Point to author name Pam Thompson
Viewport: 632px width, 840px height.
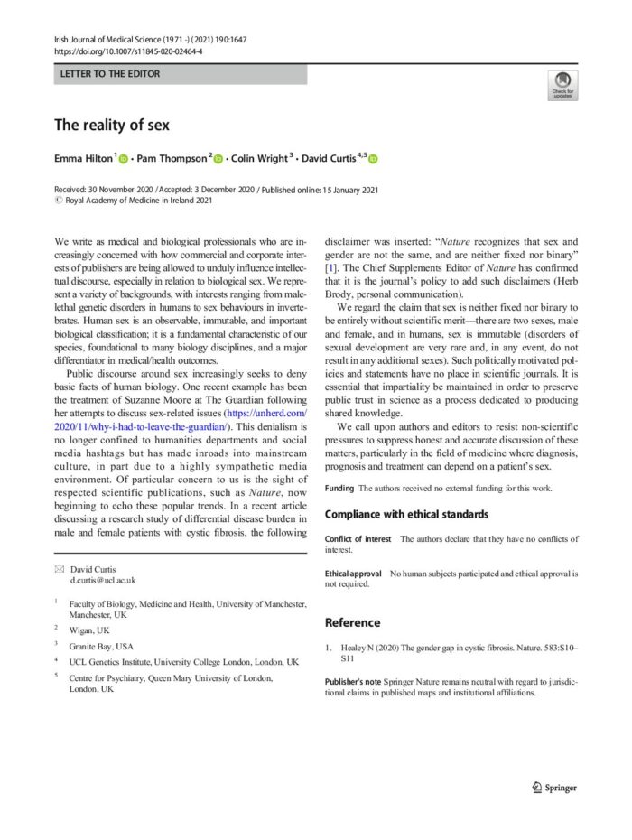tap(172, 158)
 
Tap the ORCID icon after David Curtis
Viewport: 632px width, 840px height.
tap(373, 159)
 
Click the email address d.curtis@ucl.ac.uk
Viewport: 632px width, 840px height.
tap(102, 581)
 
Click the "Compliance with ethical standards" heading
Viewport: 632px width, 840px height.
tap(420, 514)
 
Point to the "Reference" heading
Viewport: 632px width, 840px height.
tap(352, 622)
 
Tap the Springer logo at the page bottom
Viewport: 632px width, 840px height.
tap(554, 787)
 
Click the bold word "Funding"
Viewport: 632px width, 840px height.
tap(339, 488)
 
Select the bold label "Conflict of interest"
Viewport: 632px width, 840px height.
tap(358, 538)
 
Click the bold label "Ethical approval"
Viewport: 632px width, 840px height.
tap(353, 574)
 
